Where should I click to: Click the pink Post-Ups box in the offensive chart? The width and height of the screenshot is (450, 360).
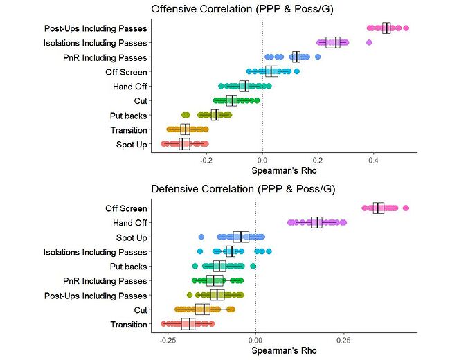[x=386, y=28]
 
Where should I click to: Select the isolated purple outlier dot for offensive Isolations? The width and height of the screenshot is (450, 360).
[x=369, y=43]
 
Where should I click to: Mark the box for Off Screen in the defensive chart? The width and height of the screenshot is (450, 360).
[x=379, y=208]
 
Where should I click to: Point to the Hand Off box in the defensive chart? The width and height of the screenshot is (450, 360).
[x=316, y=222]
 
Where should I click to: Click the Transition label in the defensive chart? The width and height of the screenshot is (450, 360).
[x=129, y=324]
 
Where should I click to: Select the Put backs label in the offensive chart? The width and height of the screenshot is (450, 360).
[x=129, y=115]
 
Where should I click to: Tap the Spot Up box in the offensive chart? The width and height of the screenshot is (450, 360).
[x=184, y=144]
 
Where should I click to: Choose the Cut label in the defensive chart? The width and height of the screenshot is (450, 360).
[x=141, y=309]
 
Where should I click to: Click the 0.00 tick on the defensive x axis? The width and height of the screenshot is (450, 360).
[x=255, y=341]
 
